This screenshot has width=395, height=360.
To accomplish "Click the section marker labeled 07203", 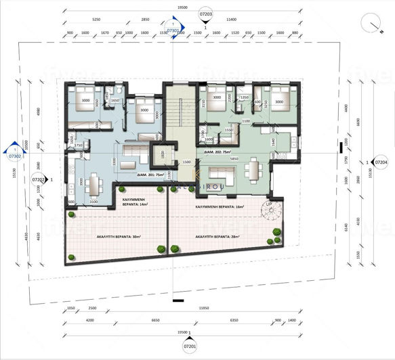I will [206, 13].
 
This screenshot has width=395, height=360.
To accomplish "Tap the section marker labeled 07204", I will [381, 162].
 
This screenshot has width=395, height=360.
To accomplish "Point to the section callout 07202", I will [39, 180].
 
